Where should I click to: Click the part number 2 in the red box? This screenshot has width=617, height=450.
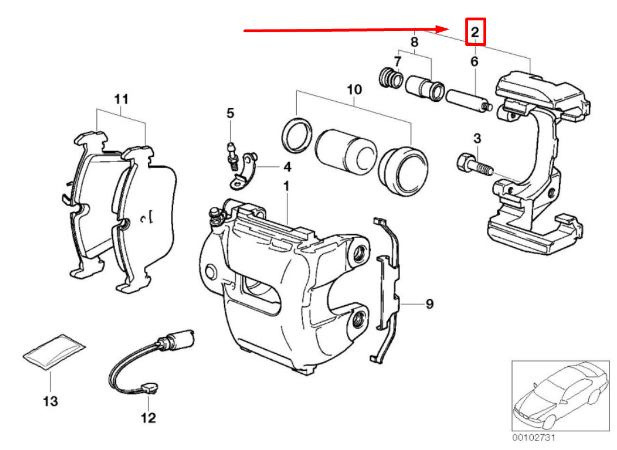(x=475, y=32)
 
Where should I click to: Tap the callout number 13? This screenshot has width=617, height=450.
(x=50, y=401)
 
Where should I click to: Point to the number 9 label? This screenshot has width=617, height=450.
(x=430, y=305)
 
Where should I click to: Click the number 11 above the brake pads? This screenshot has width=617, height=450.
(x=121, y=100)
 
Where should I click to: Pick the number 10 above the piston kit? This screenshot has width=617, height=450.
(x=354, y=89)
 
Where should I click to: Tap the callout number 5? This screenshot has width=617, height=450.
(x=230, y=113)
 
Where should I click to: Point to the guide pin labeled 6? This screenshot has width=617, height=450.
(x=468, y=101)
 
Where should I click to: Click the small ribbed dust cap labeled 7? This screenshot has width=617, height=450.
(x=390, y=78)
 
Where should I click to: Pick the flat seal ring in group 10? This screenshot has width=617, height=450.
(x=297, y=136)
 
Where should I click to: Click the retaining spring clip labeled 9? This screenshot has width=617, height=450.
(x=388, y=289)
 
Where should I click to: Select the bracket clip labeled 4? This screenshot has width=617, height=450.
(x=244, y=170)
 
